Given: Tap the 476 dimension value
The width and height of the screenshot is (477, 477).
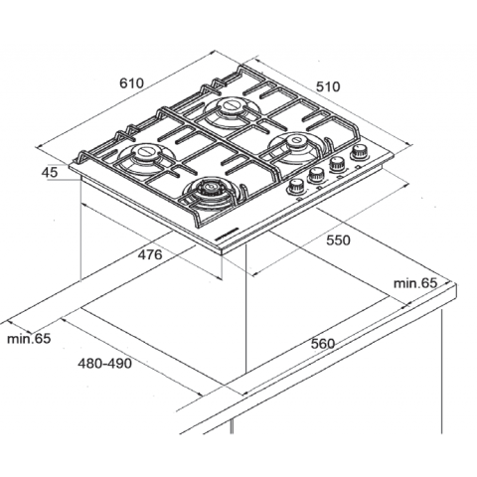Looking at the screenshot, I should tap(148, 255).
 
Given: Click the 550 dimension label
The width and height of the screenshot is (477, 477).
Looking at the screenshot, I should tap(339, 241).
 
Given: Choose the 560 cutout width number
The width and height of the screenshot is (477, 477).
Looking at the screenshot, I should tap(321, 344).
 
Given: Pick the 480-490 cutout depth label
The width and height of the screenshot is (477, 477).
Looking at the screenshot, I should tap(104, 364).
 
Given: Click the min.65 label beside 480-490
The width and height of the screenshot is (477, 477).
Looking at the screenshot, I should tap(27, 340).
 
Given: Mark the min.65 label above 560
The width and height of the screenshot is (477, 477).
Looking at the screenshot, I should tap(414, 284).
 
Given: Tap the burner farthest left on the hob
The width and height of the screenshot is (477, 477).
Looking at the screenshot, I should tap(144, 155).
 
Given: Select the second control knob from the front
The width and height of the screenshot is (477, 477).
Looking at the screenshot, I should tap(317, 176).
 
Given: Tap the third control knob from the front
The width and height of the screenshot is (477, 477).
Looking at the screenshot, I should tap(338, 165).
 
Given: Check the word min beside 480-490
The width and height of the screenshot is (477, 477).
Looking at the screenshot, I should tap(17, 340).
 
